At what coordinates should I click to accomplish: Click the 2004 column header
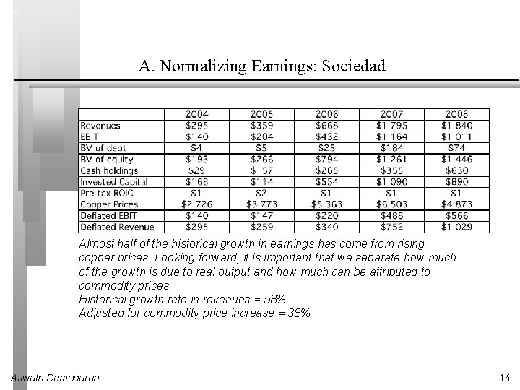click(x=197, y=114)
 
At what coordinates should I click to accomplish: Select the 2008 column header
click(x=456, y=114)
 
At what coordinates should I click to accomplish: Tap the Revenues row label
click(x=100, y=126)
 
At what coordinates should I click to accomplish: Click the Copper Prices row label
click(x=108, y=204)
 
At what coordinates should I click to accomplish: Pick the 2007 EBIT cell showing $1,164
click(x=391, y=136)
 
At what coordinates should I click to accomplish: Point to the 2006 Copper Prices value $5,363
click(x=326, y=204)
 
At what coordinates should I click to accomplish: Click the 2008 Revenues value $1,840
click(x=456, y=126)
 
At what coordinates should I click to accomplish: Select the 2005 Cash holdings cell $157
click(x=261, y=170)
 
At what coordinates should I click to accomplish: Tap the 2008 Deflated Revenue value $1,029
click(x=456, y=227)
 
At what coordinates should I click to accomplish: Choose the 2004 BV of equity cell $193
click(x=197, y=159)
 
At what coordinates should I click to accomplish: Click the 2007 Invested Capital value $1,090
click(x=391, y=182)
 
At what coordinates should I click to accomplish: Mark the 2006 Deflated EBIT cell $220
click(x=326, y=215)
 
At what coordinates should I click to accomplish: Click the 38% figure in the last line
click(x=298, y=313)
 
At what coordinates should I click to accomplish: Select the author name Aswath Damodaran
click(x=56, y=378)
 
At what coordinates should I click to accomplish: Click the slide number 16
click(x=504, y=378)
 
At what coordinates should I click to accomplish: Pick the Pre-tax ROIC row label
click(x=107, y=193)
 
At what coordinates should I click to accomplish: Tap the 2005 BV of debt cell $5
click(x=261, y=148)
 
